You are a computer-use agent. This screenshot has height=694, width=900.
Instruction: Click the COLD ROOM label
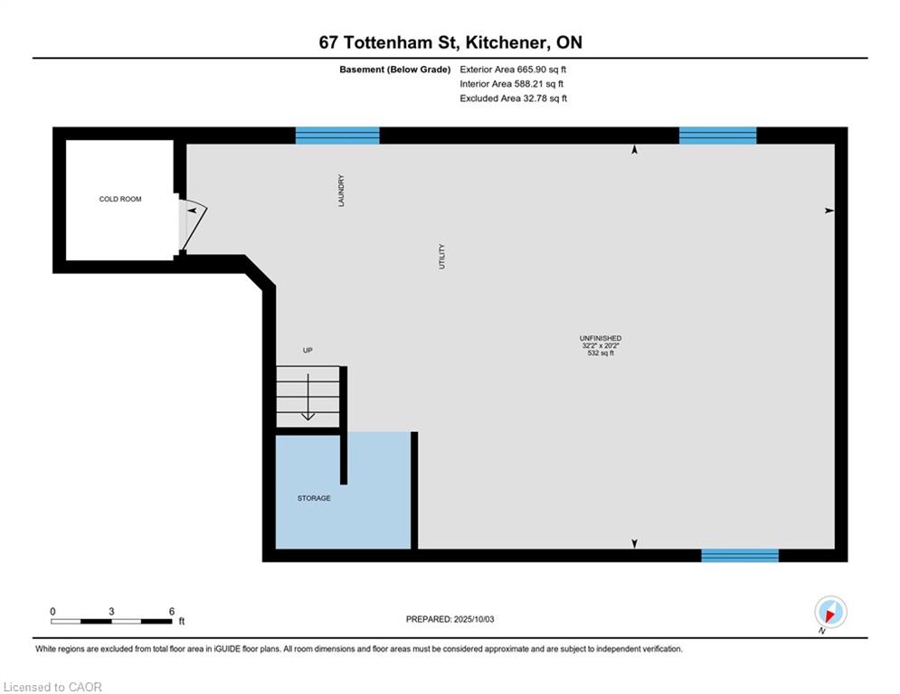[120, 199]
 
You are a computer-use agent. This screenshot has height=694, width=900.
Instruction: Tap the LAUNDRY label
[341, 191]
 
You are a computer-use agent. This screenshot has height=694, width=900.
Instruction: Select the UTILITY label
[441, 257]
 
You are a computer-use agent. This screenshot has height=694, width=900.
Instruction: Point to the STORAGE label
[314, 498]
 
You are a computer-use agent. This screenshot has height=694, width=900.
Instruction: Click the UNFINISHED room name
[601, 338]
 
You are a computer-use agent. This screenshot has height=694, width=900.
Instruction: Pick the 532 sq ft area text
[601, 353]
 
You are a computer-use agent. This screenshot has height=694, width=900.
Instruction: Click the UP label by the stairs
[308, 350]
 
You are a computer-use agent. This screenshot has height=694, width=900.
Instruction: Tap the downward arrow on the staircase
[308, 397]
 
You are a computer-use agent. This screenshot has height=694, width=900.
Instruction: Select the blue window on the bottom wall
[740, 555]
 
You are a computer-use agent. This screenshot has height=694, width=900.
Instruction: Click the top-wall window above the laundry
[337, 136]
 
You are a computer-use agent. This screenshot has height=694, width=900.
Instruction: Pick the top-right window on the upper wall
[717, 136]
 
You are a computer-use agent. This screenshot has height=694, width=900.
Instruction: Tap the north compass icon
[830, 612]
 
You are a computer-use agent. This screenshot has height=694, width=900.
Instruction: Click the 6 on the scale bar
[172, 612]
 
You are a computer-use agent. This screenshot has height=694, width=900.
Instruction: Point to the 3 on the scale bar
[111, 612]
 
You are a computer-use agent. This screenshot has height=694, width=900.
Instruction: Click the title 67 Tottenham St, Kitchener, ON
[450, 42]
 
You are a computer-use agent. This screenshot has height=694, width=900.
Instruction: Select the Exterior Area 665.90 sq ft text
[513, 70]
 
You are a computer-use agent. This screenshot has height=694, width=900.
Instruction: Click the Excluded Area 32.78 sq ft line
[513, 98]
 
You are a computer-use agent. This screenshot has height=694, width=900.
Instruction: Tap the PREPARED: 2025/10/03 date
[450, 619]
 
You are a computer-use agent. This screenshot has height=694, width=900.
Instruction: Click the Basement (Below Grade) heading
[395, 70]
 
